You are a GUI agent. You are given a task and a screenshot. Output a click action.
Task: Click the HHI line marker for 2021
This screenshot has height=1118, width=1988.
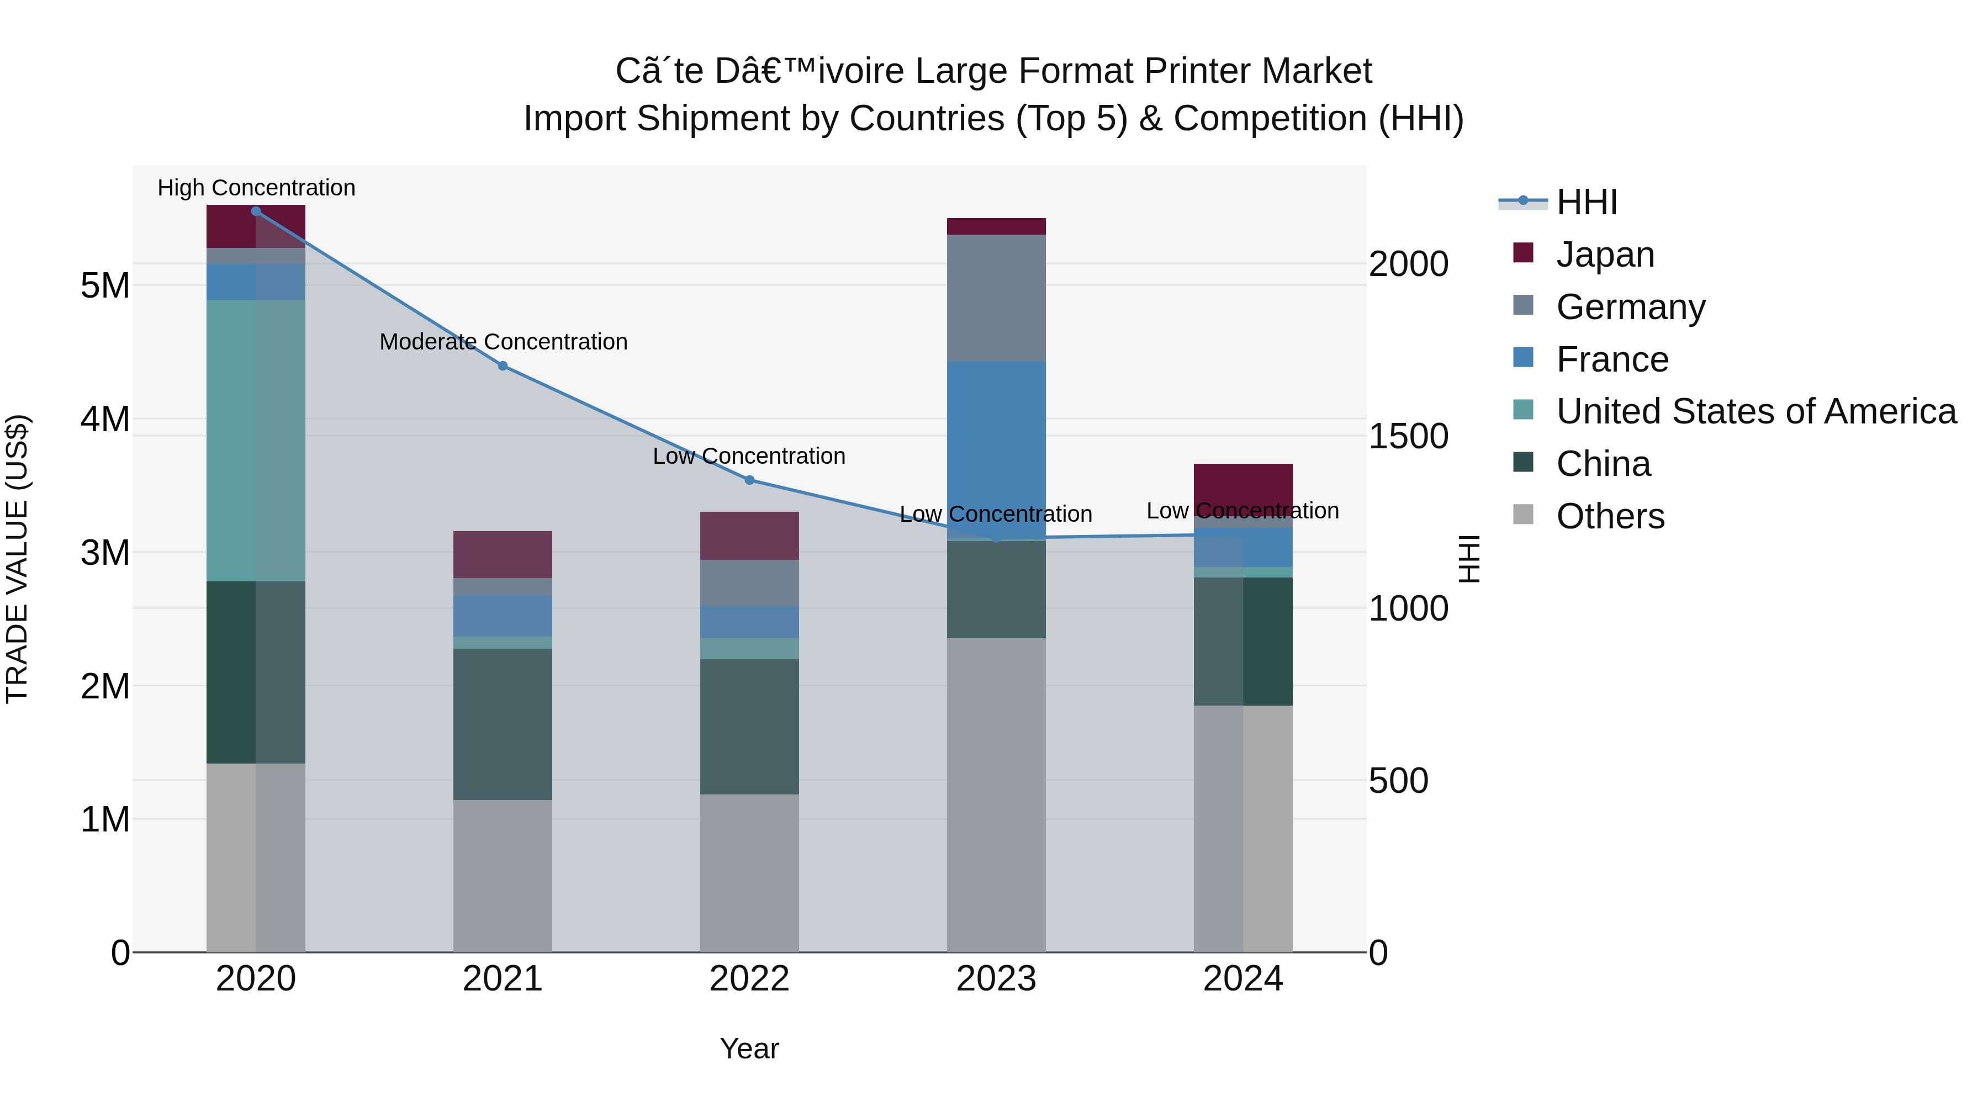[503, 365]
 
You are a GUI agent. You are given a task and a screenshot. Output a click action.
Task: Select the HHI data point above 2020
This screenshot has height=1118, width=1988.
[256, 211]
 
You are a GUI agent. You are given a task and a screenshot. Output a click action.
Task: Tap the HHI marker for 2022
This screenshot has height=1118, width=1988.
[749, 480]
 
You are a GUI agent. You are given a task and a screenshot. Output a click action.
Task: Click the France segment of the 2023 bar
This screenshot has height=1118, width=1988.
[996, 440]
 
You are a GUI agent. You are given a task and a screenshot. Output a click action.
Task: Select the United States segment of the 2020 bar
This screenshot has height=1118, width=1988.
[256, 440]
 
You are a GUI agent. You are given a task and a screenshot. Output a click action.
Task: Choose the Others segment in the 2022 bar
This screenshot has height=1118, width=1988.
[749, 872]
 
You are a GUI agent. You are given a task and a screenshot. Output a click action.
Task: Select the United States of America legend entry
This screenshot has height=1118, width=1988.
[1756, 411]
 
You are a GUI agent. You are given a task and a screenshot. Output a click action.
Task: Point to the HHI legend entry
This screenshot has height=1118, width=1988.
[1586, 202]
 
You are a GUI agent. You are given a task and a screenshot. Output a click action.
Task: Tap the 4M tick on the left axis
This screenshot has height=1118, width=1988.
[105, 419]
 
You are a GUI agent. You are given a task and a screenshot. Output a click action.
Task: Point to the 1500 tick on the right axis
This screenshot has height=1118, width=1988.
[1408, 437]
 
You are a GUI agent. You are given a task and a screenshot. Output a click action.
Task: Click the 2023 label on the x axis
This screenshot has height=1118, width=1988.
[996, 979]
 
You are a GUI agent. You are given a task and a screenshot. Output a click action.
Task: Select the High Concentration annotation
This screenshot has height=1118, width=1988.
[256, 188]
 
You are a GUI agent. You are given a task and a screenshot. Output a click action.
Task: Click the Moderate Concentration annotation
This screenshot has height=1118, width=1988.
[503, 342]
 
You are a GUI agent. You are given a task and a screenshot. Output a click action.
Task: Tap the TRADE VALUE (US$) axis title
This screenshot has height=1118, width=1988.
[17, 559]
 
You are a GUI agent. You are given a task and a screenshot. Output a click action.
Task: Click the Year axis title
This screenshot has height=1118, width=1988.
[749, 1048]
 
